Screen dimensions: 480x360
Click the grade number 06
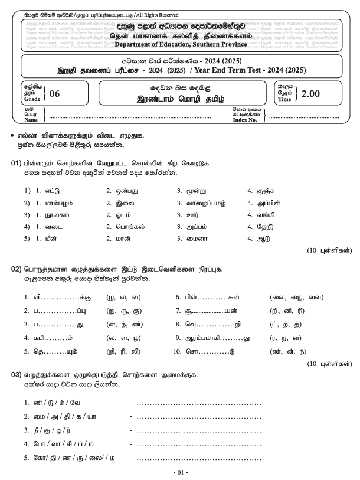55,93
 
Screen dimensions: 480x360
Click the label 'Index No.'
245,119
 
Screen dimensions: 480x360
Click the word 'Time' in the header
284,100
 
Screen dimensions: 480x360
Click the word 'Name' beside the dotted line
31,119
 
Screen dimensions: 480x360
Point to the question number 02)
16,270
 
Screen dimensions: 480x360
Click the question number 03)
16,375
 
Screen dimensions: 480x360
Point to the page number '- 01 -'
181,472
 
